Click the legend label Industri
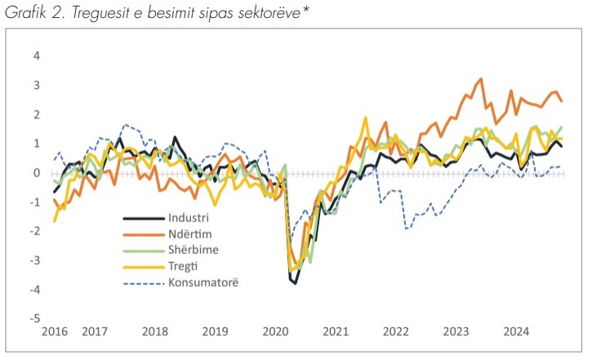click(x=188, y=218)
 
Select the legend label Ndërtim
click(x=190, y=234)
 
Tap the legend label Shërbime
click(x=194, y=250)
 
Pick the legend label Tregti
click(x=183, y=266)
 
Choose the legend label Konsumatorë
click(x=203, y=282)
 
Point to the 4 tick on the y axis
click(x=37, y=56)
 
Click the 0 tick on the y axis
click(x=37, y=173)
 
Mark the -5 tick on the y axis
click(x=35, y=318)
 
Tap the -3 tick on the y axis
click(x=35, y=260)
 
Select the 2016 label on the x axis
click(x=55, y=331)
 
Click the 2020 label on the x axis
click(x=276, y=331)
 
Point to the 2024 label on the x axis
click(x=517, y=331)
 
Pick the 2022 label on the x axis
click(x=396, y=331)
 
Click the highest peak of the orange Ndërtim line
click(x=481, y=79)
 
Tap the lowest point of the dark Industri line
click(x=295, y=283)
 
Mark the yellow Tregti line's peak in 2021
click(x=366, y=118)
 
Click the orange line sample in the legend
click(x=144, y=234)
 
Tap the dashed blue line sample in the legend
click(x=144, y=282)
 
